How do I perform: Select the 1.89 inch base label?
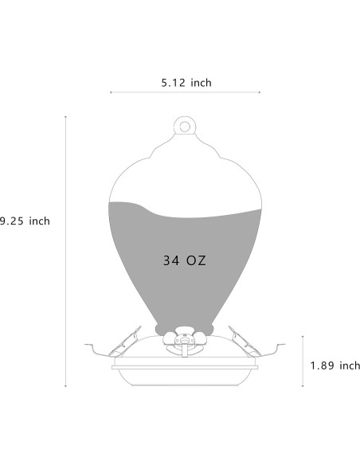[x=334, y=365]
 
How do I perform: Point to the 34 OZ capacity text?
[x=185, y=260]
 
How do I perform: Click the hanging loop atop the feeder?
[x=185, y=126]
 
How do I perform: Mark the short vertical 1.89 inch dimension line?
[x=303, y=361]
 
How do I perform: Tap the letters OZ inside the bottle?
[x=198, y=260]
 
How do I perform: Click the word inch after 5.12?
[x=200, y=82]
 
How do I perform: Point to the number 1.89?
[x=323, y=365]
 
